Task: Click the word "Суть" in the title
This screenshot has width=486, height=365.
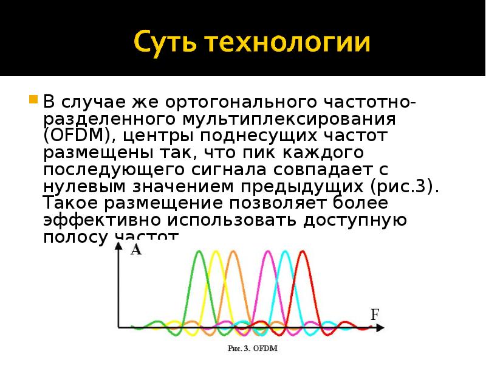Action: [x=167, y=43]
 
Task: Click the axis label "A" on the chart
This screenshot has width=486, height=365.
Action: [x=136, y=250]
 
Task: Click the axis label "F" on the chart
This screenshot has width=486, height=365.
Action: [x=375, y=315]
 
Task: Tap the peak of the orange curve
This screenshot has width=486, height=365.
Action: [x=231, y=251]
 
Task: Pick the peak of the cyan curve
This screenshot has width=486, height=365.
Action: [x=284, y=251]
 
